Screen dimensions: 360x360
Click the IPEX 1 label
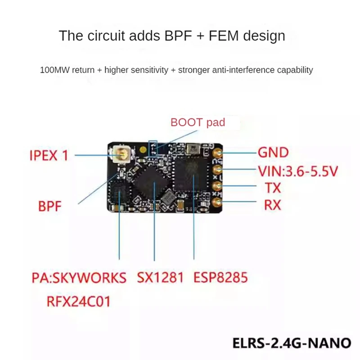tap(49, 156)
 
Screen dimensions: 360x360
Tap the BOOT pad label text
tap(198, 122)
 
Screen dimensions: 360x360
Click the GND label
tap(273, 153)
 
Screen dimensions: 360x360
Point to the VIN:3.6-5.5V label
tap(297, 171)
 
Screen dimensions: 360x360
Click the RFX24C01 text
tap(78, 301)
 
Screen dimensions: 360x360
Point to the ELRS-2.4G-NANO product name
tap(291, 342)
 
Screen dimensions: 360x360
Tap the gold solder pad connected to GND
tap(218, 153)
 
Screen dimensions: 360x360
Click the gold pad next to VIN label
tap(218, 169)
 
